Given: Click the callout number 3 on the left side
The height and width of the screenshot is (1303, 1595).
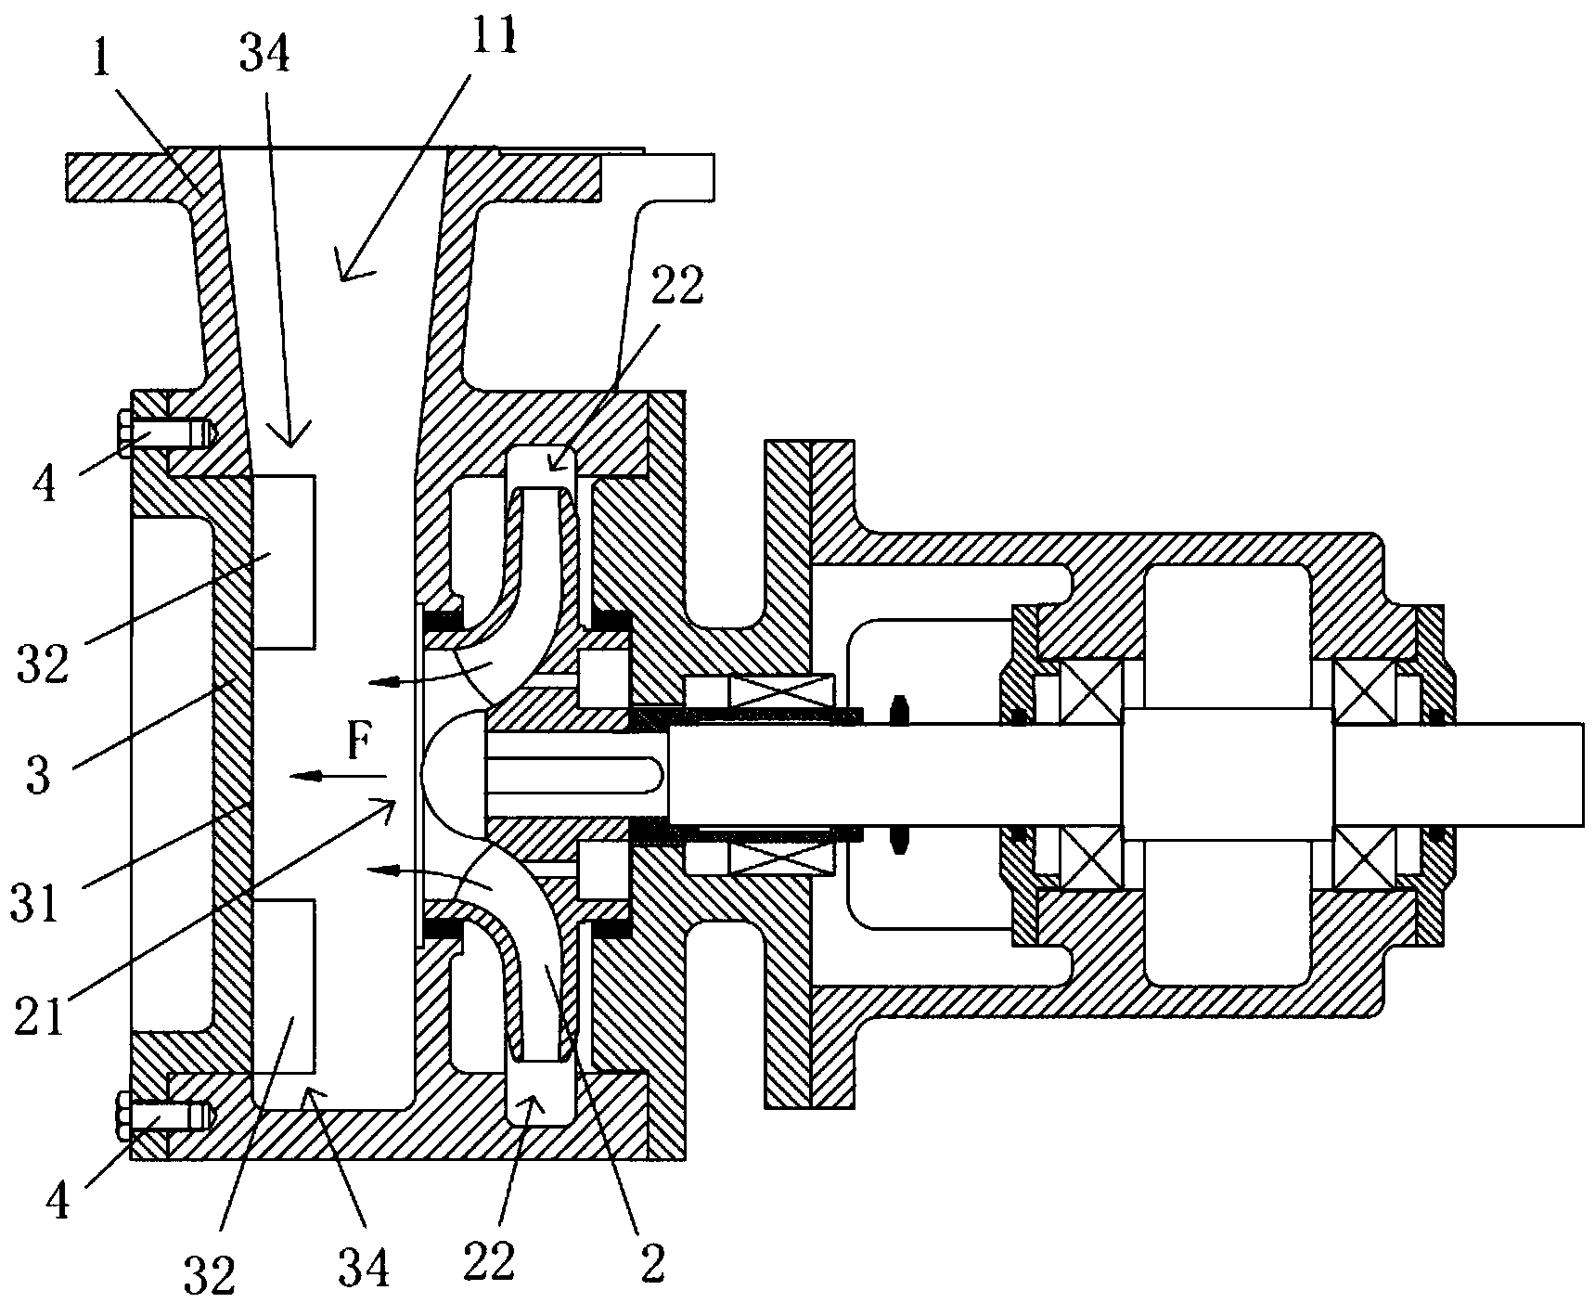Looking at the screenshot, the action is pyautogui.click(x=37, y=774).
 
